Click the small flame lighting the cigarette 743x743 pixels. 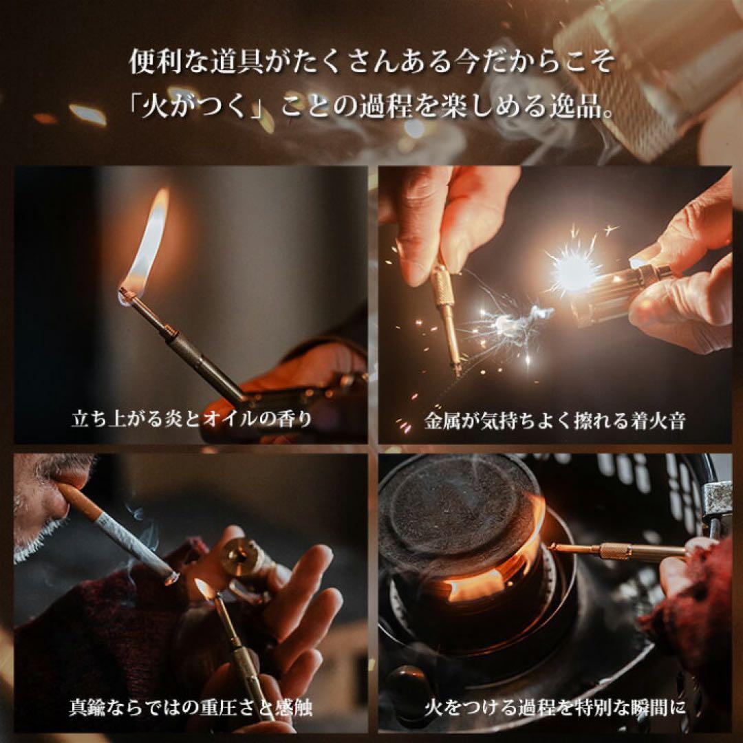pos(204,589)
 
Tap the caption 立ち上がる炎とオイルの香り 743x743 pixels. pos(191,419)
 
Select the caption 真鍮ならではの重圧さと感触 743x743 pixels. pos(191,707)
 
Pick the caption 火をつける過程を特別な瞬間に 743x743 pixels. pos(554,707)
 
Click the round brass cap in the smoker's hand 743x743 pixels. pos(241,557)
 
